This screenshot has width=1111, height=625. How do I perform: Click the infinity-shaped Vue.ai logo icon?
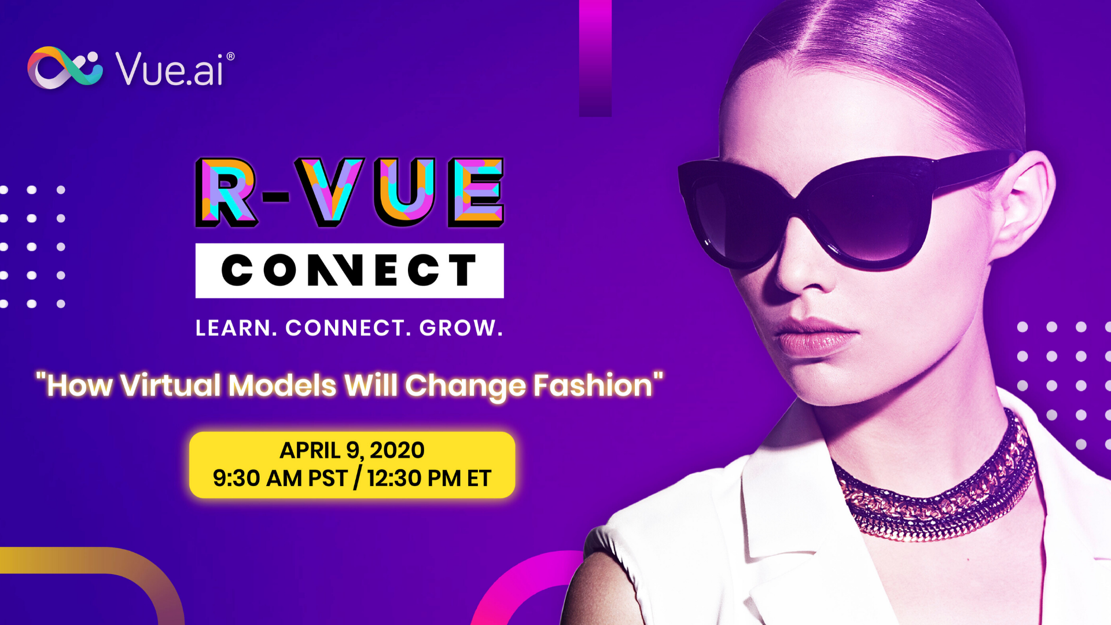65,68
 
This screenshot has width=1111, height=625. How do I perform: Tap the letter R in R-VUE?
227,192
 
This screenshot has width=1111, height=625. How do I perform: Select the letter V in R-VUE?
330,192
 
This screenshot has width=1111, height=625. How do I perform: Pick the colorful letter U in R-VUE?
404,192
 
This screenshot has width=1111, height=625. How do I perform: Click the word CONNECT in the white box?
349,270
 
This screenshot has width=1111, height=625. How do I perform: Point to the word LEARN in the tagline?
233,328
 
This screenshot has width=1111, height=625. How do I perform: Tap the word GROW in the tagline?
458,328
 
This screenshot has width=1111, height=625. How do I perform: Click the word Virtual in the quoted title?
171,385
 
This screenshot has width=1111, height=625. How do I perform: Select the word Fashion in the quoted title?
593,385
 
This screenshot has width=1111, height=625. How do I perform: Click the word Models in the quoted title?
282,385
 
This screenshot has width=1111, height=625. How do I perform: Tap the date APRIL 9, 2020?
352,450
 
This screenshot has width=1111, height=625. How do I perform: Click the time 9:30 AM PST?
280,479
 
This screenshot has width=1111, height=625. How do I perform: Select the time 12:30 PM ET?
429,479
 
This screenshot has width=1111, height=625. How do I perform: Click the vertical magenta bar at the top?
595,58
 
